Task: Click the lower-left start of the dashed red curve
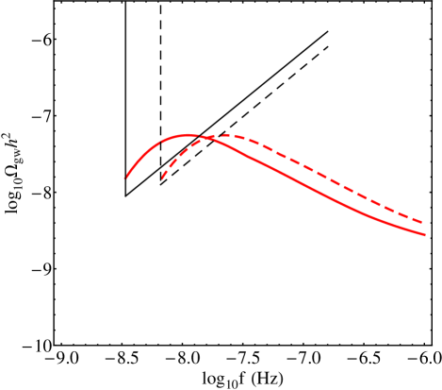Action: point(163,178)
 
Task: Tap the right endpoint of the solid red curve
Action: point(425,234)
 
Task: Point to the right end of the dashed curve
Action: point(421,222)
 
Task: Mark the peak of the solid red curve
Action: point(188,135)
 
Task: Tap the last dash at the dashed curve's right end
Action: point(415,218)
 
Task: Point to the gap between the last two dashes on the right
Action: point(406,214)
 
